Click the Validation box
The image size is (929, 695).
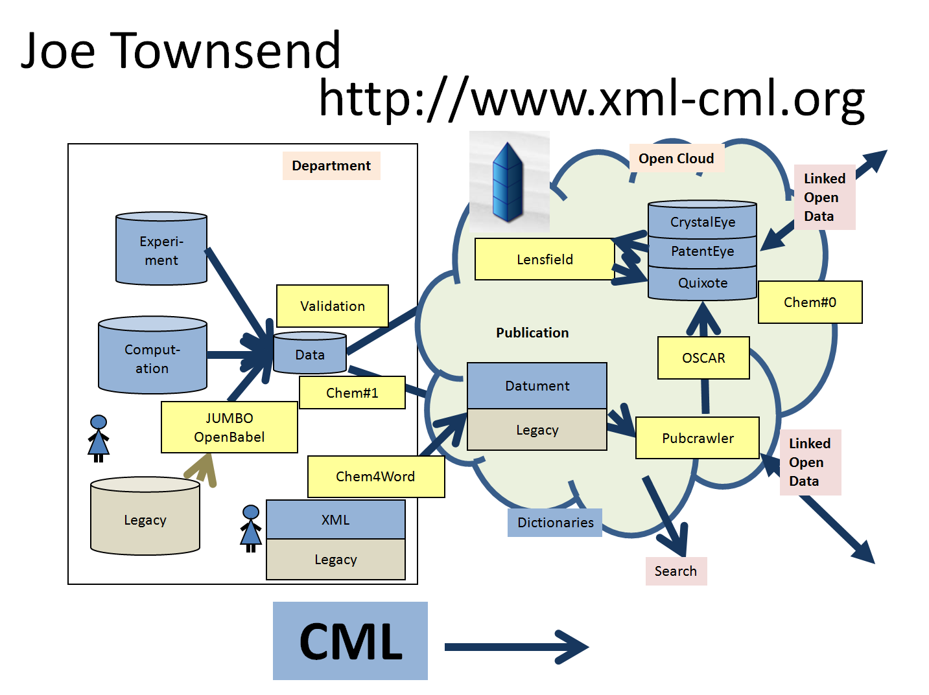click(x=333, y=306)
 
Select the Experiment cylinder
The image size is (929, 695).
click(x=161, y=250)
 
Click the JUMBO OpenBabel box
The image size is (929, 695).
click(x=229, y=427)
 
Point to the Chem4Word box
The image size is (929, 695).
click(x=376, y=477)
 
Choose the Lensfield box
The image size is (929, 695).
click(x=545, y=259)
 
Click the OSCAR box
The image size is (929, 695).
click(x=703, y=358)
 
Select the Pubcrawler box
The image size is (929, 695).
click(x=698, y=438)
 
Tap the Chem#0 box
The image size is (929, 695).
click(x=810, y=302)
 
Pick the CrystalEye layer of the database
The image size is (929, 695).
click(x=703, y=222)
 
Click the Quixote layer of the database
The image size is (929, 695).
click(x=703, y=283)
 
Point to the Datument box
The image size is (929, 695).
click(x=537, y=386)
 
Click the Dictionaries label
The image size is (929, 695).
click(x=555, y=523)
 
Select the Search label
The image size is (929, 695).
click(x=676, y=571)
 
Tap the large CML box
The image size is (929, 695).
click(x=350, y=641)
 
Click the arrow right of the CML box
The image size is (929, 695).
click(x=516, y=647)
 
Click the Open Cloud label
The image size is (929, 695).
click(x=676, y=159)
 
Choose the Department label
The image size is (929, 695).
click(x=331, y=166)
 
